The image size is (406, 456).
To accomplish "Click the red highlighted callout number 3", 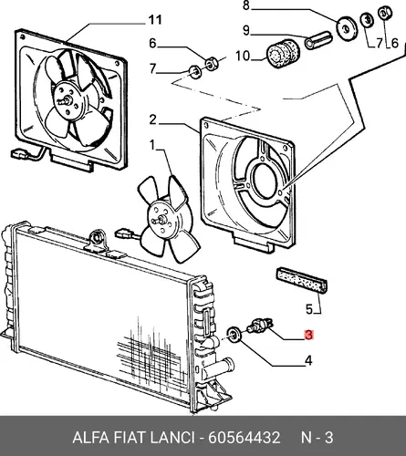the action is (x=308, y=335).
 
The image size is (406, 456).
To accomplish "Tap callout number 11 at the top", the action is (x=155, y=20).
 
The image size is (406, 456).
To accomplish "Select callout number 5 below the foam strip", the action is (x=309, y=309).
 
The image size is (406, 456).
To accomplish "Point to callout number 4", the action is (x=308, y=361).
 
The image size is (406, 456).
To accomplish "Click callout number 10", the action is (x=243, y=56).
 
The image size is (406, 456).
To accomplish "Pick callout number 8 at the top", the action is (x=245, y=5).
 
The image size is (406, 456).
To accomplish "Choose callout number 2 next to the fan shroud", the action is (x=152, y=120).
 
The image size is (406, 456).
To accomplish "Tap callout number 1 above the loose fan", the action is (x=151, y=145).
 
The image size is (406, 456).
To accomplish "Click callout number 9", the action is (x=246, y=30).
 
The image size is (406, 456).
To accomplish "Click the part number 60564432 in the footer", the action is (x=244, y=438).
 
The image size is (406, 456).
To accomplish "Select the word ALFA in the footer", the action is (x=90, y=438).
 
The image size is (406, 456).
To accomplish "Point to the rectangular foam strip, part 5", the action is (x=301, y=281).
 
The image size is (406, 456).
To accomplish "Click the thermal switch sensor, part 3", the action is (x=260, y=325).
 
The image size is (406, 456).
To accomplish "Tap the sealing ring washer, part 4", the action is (x=234, y=335).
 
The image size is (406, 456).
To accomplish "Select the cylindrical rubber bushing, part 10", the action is (x=283, y=54).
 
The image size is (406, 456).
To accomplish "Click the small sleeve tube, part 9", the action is (x=318, y=40).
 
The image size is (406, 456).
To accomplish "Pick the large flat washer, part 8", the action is (x=347, y=28).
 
